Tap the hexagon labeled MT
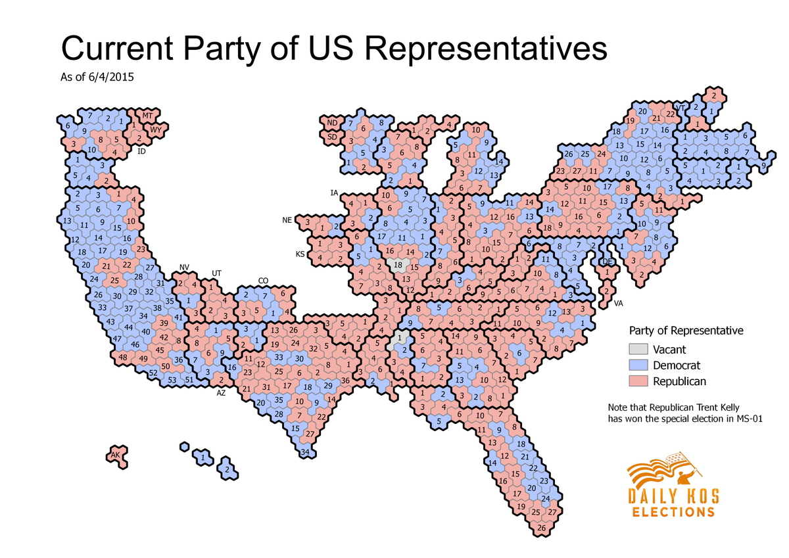[x=147, y=116]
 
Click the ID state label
[x=141, y=151]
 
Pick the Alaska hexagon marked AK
[x=116, y=455]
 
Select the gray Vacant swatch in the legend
[x=638, y=350]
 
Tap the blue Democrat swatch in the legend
[x=638, y=365]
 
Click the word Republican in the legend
[x=678, y=381]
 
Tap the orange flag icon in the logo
[x=664, y=469]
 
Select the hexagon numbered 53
[x=172, y=380]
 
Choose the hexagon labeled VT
[x=681, y=108]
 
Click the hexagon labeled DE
[x=606, y=262]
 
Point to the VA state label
[x=618, y=304]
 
